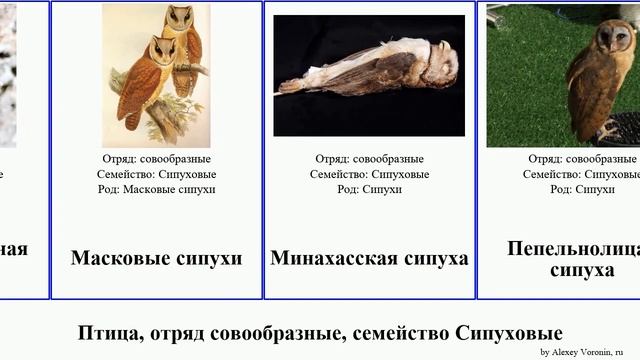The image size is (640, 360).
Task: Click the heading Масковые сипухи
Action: [156, 258]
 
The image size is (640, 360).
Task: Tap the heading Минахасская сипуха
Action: [369, 258]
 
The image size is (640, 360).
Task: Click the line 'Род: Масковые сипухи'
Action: [157, 189]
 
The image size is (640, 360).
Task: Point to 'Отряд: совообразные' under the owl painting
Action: [157, 159]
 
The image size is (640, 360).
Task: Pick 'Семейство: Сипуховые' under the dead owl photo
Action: [369, 174]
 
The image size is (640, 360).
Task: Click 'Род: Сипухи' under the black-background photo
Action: [369, 189]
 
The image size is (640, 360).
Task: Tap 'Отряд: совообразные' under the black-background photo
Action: [369, 159]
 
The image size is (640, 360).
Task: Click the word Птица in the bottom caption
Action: [107, 333]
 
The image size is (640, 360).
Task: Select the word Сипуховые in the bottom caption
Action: [508, 333]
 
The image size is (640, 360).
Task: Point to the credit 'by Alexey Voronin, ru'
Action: [588, 352]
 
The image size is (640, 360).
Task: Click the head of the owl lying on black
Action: [439, 62]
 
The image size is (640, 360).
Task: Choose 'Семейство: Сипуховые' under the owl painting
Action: [157, 174]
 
